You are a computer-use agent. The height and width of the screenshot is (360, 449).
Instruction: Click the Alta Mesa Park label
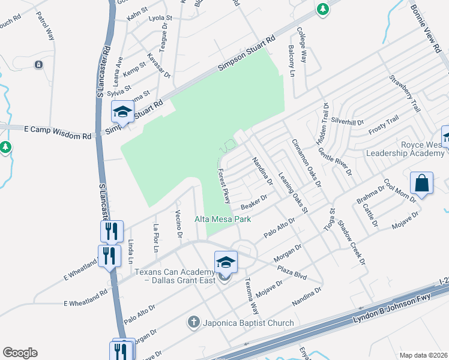click(223, 220)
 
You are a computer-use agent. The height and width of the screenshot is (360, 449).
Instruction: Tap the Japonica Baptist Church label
click(248, 323)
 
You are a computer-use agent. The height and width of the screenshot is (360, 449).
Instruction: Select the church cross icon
click(193, 323)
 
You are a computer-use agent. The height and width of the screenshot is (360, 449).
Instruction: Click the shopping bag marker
click(422, 183)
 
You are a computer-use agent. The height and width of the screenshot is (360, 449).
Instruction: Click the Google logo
click(20, 353)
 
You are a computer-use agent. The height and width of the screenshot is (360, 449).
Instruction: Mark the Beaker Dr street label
click(253, 200)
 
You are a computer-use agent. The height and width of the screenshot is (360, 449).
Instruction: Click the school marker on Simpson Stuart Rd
click(122, 112)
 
